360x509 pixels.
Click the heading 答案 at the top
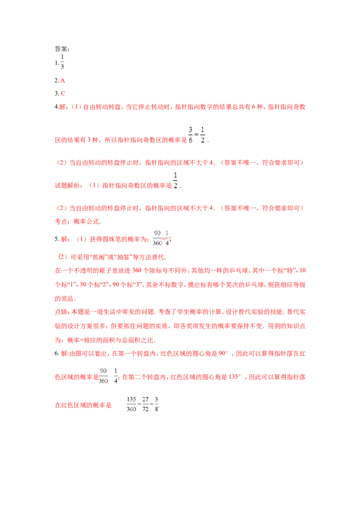pos(61,49)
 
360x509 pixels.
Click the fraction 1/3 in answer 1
pos(62,62)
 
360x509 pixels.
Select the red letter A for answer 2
pos(63,80)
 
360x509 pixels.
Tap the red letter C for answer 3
pos(63,94)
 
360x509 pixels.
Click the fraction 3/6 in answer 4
pos(190,135)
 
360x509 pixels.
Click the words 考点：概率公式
pos(78,222)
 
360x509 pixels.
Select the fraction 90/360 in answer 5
pos(157,238)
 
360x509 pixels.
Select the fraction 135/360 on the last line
pos(131,404)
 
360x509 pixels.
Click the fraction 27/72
pos(145,404)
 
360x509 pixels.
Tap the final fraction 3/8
pos(156,404)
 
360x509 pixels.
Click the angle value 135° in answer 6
pos(235,377)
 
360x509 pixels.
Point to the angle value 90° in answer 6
pos(223,353)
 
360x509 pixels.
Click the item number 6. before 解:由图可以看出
pos(57,353)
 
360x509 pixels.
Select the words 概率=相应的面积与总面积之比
pos(111,340)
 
